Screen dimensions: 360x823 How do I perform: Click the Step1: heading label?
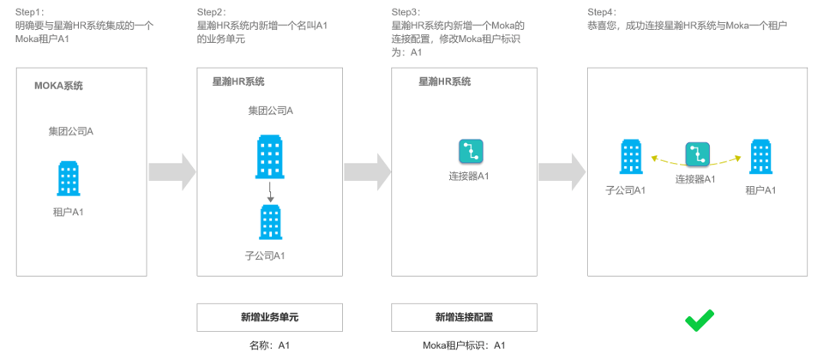point(31,12)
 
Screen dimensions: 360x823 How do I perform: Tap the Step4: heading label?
point(603,12)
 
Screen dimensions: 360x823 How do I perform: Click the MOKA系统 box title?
point(58,86)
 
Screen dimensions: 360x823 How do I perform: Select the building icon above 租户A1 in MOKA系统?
point(69,178)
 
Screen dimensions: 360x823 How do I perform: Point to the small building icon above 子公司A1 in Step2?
point(270,222)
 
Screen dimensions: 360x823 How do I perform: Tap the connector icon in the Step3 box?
point(471,152)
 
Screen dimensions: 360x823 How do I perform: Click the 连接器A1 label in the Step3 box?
point(470,177)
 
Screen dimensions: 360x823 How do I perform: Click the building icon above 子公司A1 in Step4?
point(631,158)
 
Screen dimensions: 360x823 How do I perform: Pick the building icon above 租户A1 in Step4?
point(760,158)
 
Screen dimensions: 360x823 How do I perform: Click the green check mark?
point(699,321)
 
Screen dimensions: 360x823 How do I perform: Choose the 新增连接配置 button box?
point(464,317)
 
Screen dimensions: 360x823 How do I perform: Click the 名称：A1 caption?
point(271,345)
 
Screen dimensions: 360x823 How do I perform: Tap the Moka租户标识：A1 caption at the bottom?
point(464,345)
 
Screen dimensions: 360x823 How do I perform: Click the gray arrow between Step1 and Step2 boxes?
point(172,171)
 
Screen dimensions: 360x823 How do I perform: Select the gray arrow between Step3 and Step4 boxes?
point(562,171)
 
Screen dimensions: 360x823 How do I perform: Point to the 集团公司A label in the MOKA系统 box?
point(71,131)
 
